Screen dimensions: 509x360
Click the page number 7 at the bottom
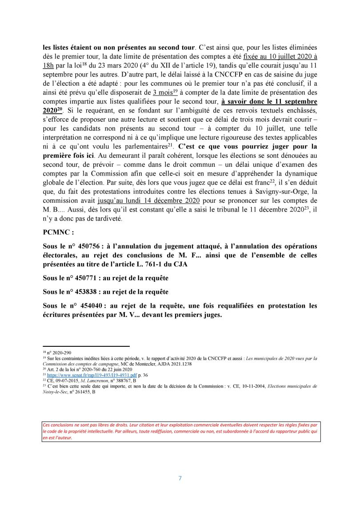(180, 478)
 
